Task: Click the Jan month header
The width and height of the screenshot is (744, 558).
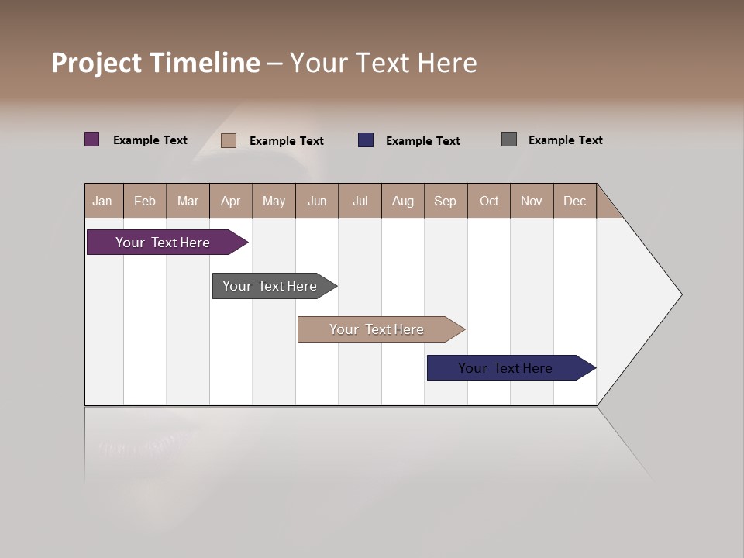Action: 102,201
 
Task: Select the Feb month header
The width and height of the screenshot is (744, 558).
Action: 145,201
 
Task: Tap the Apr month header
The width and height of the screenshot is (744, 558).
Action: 230,201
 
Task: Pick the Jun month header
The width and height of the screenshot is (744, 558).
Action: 317,201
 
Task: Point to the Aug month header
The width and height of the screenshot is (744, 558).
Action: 402,201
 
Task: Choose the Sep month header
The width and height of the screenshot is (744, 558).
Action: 445,201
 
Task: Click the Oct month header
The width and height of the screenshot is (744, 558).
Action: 489,201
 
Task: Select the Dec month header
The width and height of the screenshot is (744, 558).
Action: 574,201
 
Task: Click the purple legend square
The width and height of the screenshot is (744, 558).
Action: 92,139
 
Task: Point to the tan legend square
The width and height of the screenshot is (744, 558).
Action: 229,140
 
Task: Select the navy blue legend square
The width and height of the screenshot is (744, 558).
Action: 366,140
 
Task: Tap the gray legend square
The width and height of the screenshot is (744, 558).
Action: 509,139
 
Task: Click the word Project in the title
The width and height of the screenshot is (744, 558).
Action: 98,63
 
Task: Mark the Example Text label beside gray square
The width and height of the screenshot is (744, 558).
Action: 565,139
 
